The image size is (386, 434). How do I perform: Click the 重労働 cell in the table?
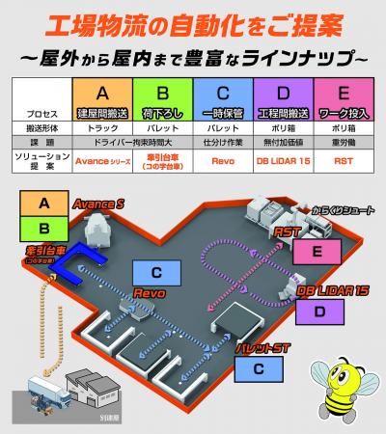(344, 143)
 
